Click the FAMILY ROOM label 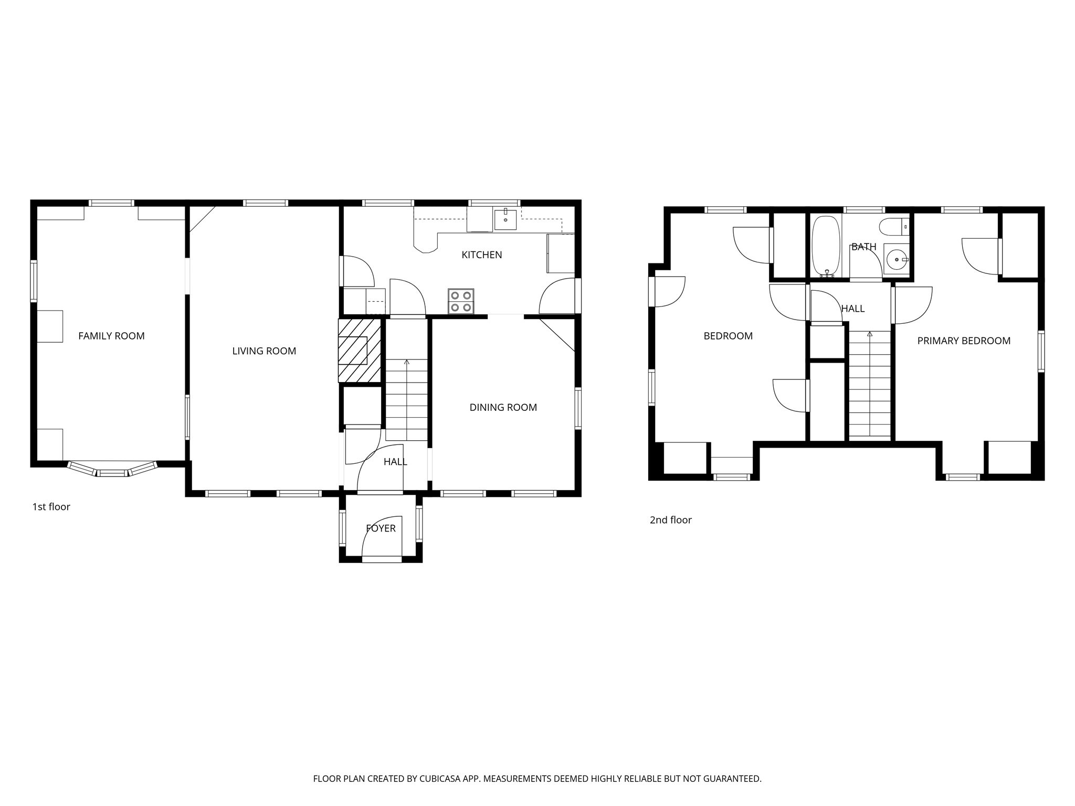point(111,336)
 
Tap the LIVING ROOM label point(264,351)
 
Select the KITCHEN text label point(481,254)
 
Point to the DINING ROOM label point(503,407)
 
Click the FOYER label point(381,528)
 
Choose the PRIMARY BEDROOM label point(964,341)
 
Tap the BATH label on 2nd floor point(863,247)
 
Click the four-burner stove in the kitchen point(461,301)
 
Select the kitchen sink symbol point(505,219)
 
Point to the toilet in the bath point(894,227)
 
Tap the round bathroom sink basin point(895,259)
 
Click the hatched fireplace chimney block point(360,351)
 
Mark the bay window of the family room point(113,471)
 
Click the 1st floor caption point(51,507)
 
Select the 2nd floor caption point(670,520)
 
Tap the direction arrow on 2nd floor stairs point(870,334)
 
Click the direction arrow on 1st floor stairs point(407,362)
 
